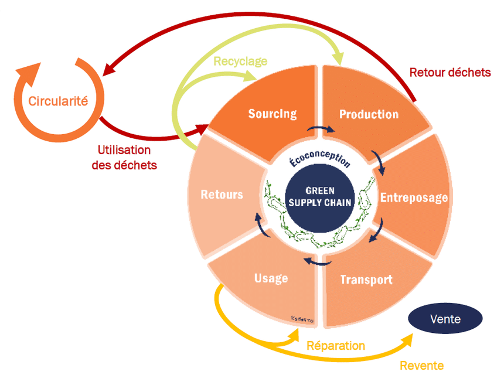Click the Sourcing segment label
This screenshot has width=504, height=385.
click(x=272, y=114)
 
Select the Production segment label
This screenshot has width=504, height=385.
click(x=369, y=114)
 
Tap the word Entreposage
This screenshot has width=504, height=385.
click(x=414, y=197)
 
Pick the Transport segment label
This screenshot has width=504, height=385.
click(x=366, y=280)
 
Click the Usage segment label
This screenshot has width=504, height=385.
click(x=271, y=277)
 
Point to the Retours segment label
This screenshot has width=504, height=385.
click(x=222, y=194)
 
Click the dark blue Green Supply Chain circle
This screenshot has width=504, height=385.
click(x=320, y=196)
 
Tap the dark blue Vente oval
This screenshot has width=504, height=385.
click(x=445, y=319)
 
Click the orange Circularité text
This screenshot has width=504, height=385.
click(x=58, y=101)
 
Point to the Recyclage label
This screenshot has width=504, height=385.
click(x=240, y=61)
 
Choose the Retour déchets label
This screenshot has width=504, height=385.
click(x=449, y=73)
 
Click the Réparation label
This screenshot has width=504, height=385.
click(x=336, y=346)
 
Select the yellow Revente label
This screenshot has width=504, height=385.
click(x=421, y=366)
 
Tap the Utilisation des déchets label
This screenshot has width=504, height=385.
click(x=124, y=158)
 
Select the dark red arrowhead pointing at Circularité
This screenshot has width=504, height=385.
click(x=110, y=70)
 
